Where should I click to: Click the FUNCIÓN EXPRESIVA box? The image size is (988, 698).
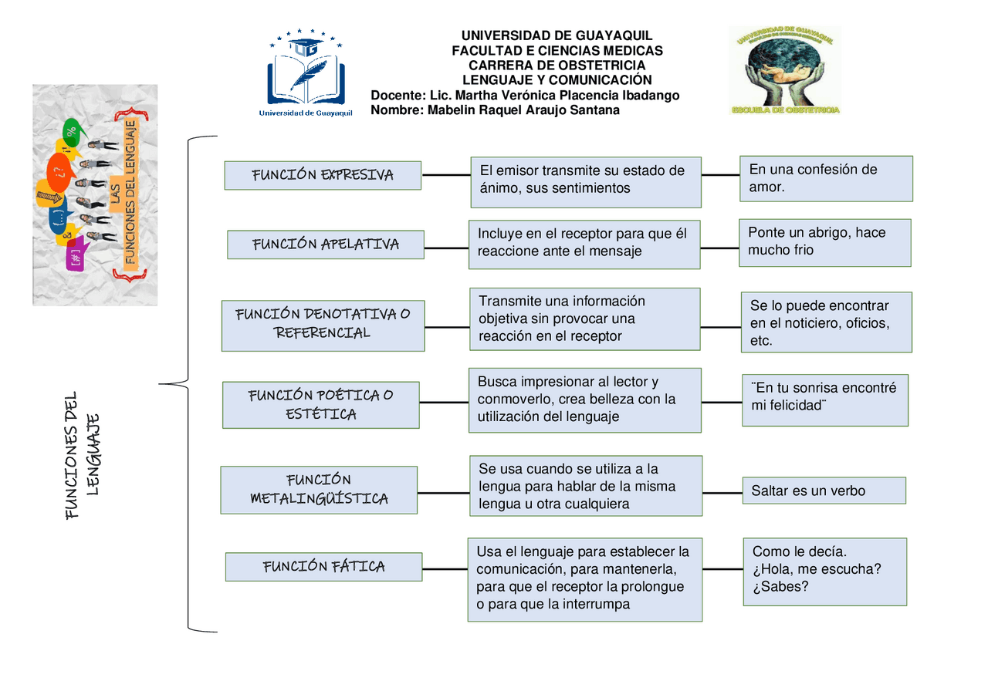[x=323, y=175]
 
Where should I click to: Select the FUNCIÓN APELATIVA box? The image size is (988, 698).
[x=325, y=244]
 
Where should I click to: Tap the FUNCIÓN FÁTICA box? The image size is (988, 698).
[x=323, y=567]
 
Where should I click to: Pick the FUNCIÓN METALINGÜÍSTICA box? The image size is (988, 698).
[x=319, y=490]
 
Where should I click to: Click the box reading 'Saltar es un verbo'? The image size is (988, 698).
[x=824, y=491]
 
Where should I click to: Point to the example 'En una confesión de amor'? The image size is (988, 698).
[x=826, y=178]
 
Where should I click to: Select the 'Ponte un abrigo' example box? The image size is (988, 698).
[x=824, y=242]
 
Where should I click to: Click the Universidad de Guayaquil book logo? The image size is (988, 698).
[x=306, y=73]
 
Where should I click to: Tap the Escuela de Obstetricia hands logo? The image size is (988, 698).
[x=784, y=70]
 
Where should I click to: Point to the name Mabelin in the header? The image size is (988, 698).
[x=453, y=110]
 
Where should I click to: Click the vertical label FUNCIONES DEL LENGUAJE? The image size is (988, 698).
[x=83, y=455]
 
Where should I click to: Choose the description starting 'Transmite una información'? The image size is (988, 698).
[x=584, y=319]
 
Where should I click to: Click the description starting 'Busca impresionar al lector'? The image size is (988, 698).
[x=584, y=400]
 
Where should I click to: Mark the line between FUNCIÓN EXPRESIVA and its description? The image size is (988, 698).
[x=446, y=175]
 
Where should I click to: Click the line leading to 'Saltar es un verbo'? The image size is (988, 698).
[x=722, y=492]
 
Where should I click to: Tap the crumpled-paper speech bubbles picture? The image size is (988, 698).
[x=95, y=194]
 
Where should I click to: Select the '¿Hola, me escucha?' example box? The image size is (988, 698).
[x=824, y=571]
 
